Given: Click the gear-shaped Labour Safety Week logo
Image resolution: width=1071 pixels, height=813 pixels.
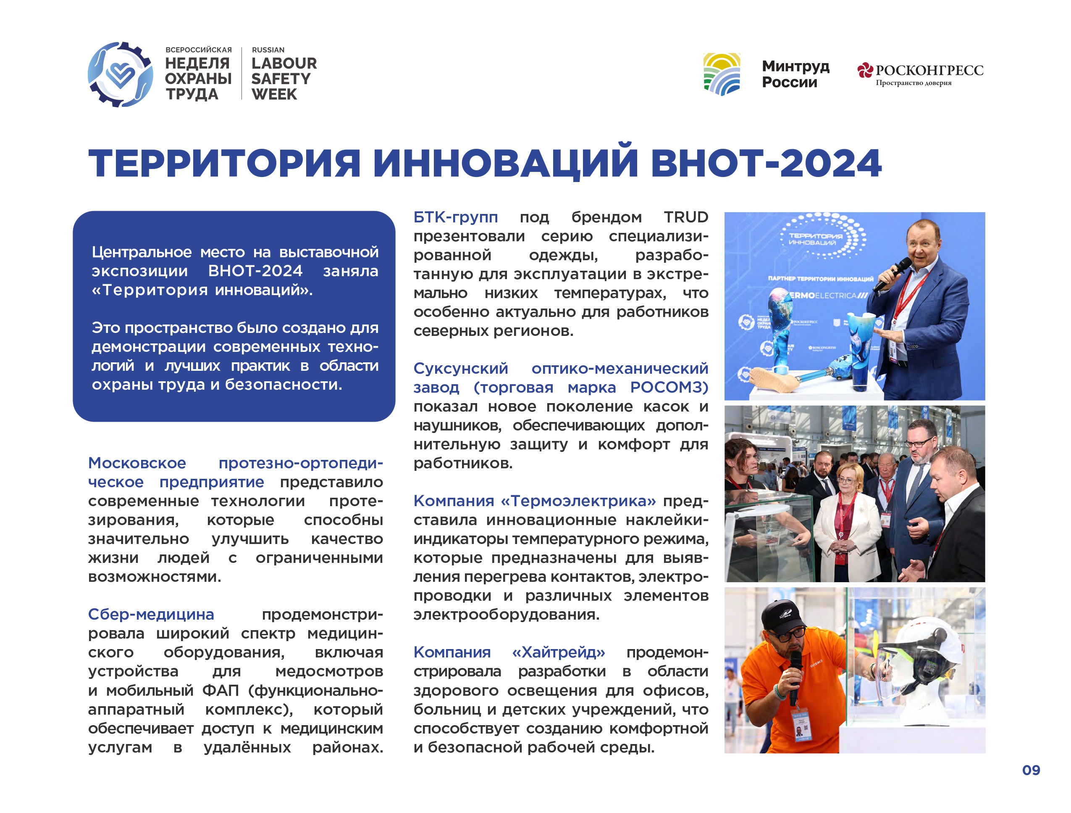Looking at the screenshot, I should [120, 74].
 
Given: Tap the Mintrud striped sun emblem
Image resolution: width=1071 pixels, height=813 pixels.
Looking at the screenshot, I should [722, 74].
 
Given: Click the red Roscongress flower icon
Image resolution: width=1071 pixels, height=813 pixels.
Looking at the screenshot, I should [865, 71].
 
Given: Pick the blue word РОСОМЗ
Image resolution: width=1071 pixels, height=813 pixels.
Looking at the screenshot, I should [669, 388].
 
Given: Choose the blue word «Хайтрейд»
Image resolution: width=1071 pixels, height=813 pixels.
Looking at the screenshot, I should [558, 653].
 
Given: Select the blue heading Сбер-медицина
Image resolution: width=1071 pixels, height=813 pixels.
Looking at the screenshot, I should [151, 614].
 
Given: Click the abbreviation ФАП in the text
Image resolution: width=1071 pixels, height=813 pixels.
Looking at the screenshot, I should [220, 690].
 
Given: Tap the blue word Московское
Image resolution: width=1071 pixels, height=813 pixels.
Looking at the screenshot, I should [137, 463].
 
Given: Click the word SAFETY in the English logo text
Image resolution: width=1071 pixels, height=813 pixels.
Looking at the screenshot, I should [281, 79].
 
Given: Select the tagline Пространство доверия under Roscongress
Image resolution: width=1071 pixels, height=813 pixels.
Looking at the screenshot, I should [913, 83].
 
